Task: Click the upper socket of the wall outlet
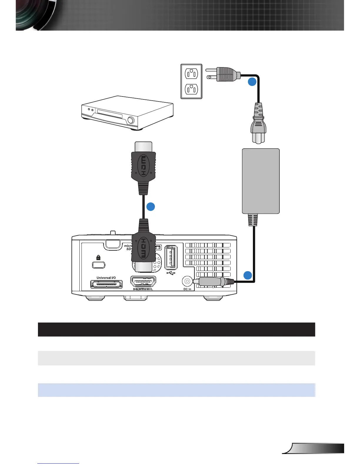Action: click(191, 73)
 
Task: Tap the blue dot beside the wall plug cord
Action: click(252, 82)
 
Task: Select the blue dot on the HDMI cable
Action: click(151, 207)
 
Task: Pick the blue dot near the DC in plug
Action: click(248, 275)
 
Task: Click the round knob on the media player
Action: click(131, 120)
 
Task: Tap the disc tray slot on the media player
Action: click(109, 114)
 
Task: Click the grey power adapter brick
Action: click(261, 181)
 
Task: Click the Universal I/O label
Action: click(106, 278)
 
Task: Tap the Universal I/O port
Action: click(106, 284)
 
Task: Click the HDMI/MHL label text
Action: click(143, 289)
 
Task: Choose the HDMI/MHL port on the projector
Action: click(143, 282)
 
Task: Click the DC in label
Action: click(187, 289)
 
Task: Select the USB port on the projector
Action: click(171, 257)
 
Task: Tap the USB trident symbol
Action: click(171, 273)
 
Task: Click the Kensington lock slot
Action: click(99, 265)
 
